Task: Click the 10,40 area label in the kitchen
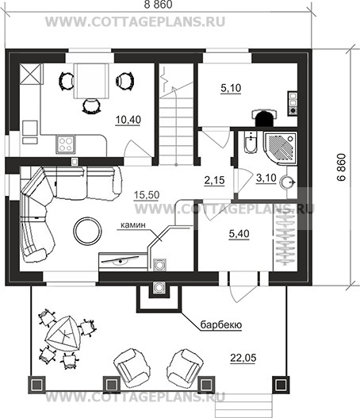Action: click(x=128, y=120)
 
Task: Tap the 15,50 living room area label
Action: click(x=147, y=195)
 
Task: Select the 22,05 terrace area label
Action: click(x=243, y=358)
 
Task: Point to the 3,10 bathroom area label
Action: click(x=266, y=178)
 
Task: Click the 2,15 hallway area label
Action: click(x=215, y=181)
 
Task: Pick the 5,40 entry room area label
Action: click(x=239, y=234)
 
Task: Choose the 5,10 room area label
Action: click(x=231, y=88)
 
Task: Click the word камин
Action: click(x=133, y=225)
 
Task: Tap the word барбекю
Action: click(x=221, y=325)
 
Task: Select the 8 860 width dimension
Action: click(x=159, y=5)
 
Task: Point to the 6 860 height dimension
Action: click(x=341, y=167)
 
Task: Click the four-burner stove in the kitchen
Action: click(x=66, y=144)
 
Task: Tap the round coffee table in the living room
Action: click(x=88, y=231)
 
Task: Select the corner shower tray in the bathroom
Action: click(x=280, y=148)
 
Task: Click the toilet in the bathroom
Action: click(x=251, y=142)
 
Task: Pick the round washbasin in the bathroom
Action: click(x=287, y=182)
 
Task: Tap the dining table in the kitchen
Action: click(x=91, y=81)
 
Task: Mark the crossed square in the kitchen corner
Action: click(x=31, y=74)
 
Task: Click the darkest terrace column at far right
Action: click(x=281, y=385)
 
